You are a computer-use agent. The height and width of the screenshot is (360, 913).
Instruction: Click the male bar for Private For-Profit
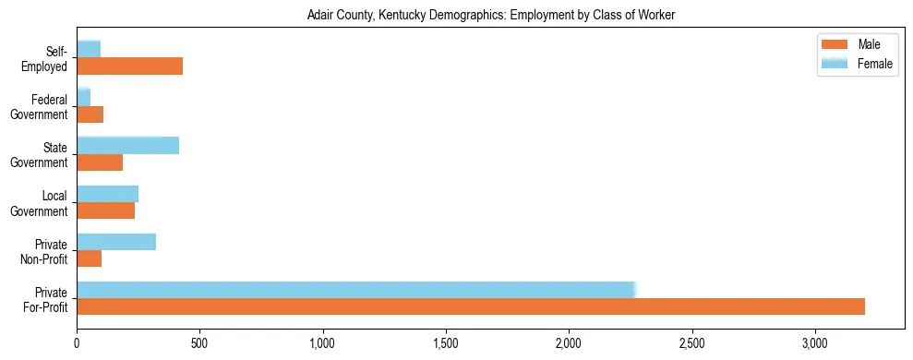coord(471,306)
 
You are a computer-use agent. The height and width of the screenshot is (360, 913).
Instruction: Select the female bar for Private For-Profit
coord(356,290)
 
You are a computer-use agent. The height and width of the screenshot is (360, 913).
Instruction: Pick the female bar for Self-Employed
coord(89,49)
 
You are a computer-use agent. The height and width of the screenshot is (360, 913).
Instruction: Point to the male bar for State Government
coord(100,162)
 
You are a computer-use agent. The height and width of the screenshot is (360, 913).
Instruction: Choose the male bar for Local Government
coord(105,210)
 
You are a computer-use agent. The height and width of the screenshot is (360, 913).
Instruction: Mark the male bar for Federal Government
coord(90,114)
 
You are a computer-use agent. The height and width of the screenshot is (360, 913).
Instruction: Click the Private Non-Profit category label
coord(46,251)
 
